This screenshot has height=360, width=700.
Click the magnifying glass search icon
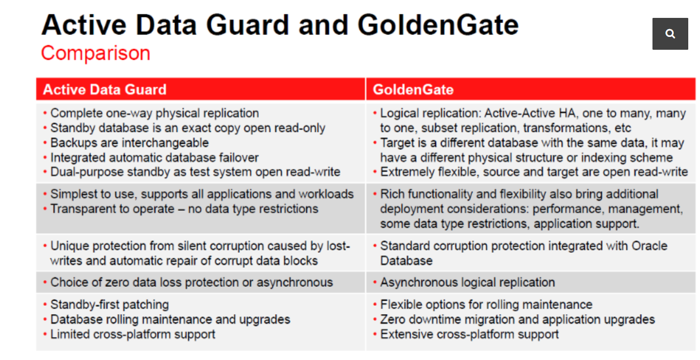[670, 34]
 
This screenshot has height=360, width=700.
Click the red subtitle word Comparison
[96, 53]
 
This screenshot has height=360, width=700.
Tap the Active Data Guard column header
[105, 89]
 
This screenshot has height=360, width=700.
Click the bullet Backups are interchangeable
[129, 143]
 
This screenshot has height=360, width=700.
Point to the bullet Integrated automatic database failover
[154, 158]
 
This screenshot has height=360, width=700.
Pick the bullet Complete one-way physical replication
[154, 113]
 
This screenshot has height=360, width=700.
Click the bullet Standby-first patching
[110, 305]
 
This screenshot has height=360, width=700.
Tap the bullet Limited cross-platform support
[133, 334]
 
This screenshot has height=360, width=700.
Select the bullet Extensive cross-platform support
[469, 334]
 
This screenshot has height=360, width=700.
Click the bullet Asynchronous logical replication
[467, 282]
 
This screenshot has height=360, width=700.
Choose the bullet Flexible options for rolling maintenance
[486, 305]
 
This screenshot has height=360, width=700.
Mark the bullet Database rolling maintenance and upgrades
[170, 320]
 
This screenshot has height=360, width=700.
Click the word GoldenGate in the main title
[438, 25]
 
